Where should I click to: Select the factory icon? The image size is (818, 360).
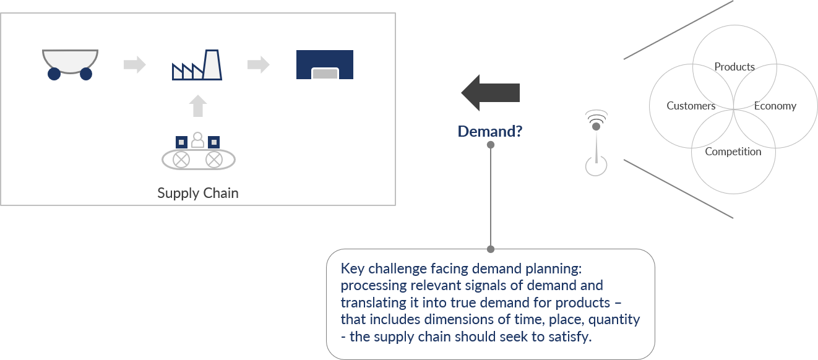(197, 65)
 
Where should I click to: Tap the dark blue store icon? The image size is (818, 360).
(325, 65)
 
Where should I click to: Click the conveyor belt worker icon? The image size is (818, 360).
(197, 152)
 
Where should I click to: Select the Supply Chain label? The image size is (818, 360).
(197, 193)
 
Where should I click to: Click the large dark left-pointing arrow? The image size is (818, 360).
(490, 93)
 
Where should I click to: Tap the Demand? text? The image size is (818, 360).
(490, 131)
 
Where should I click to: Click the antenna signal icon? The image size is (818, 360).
(596, 142)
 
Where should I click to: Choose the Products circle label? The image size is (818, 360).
(734, 67)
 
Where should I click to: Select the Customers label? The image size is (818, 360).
(691, 106)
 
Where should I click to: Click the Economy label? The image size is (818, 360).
(775, 106)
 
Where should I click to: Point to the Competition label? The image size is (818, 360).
(733, 152)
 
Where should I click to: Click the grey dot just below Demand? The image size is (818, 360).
(491, 145)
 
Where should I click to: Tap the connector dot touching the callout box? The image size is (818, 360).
(491, 249)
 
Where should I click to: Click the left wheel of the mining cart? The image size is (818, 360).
(54, 74)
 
